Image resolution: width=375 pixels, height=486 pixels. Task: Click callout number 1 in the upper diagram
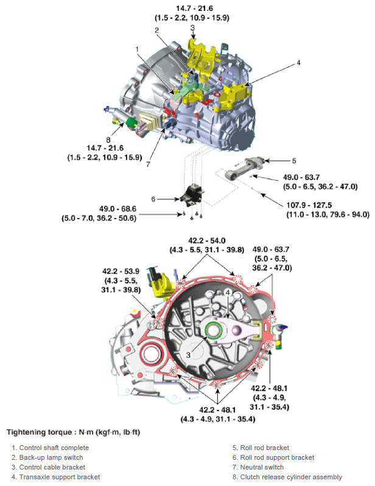[x=138, y=49]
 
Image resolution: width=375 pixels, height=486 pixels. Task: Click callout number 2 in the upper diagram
[x=156, y=30]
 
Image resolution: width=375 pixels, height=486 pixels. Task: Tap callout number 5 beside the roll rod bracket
[x=293, y=161]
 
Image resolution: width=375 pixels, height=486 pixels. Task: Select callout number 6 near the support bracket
[x=154, y=199]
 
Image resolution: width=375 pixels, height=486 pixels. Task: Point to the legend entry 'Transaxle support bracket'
[x=58, y=477]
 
